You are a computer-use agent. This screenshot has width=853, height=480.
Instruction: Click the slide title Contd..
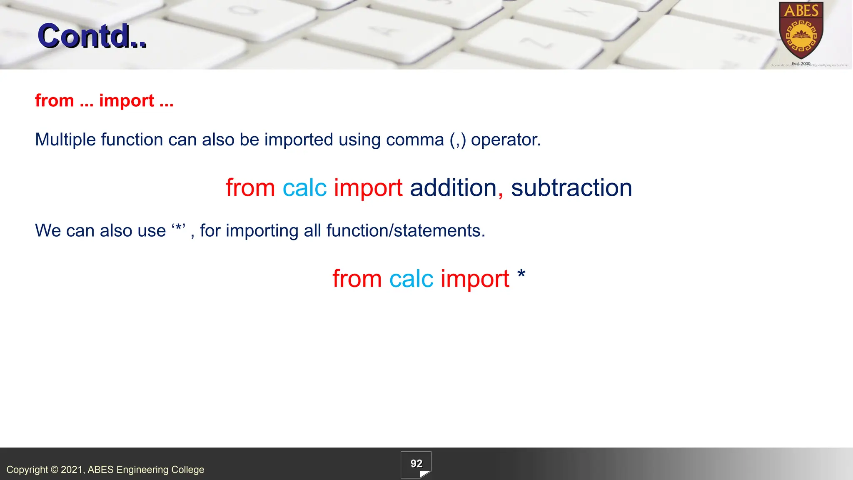click(x=92, y=36)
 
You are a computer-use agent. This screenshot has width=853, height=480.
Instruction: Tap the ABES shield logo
click(x=801, y=31)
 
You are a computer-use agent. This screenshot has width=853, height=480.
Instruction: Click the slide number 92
click(x=416, y=464)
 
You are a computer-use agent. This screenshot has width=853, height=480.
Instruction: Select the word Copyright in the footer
click(x=27, y=470)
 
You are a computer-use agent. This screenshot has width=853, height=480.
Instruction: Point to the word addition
click(x=453, y=188)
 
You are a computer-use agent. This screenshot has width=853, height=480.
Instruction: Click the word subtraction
click(x=571, y=188)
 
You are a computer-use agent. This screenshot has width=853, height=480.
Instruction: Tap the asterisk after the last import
click(x=521, y=275)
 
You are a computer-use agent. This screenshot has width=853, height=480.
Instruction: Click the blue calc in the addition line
click(x=304, y=188)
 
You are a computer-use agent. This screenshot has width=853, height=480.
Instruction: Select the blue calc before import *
click(x=411, y=279)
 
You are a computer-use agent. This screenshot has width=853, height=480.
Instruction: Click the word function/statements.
click(x=406, y=231)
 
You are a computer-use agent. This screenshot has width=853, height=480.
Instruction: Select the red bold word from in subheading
click(x=55, y=101)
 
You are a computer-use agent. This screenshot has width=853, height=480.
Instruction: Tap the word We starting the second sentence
click(x=48, y=231)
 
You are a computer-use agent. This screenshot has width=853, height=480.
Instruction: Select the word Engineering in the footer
click(x=142, y=470)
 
